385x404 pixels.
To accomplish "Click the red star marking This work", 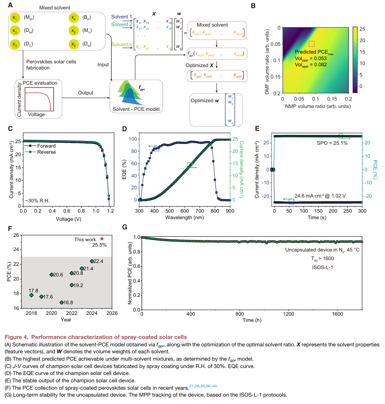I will click(x=102, y=238).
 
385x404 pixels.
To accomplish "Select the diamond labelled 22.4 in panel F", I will click(x=92, y=261).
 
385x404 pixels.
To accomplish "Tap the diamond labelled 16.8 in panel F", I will click(x=62, y=303).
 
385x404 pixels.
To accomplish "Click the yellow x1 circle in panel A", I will click(x=15, y=18).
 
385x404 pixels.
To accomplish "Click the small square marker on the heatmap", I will click(x=311, y=43).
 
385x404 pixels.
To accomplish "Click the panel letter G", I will click(x=125, y=227).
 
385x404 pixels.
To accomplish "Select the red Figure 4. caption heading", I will click(x=95, y=337).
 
